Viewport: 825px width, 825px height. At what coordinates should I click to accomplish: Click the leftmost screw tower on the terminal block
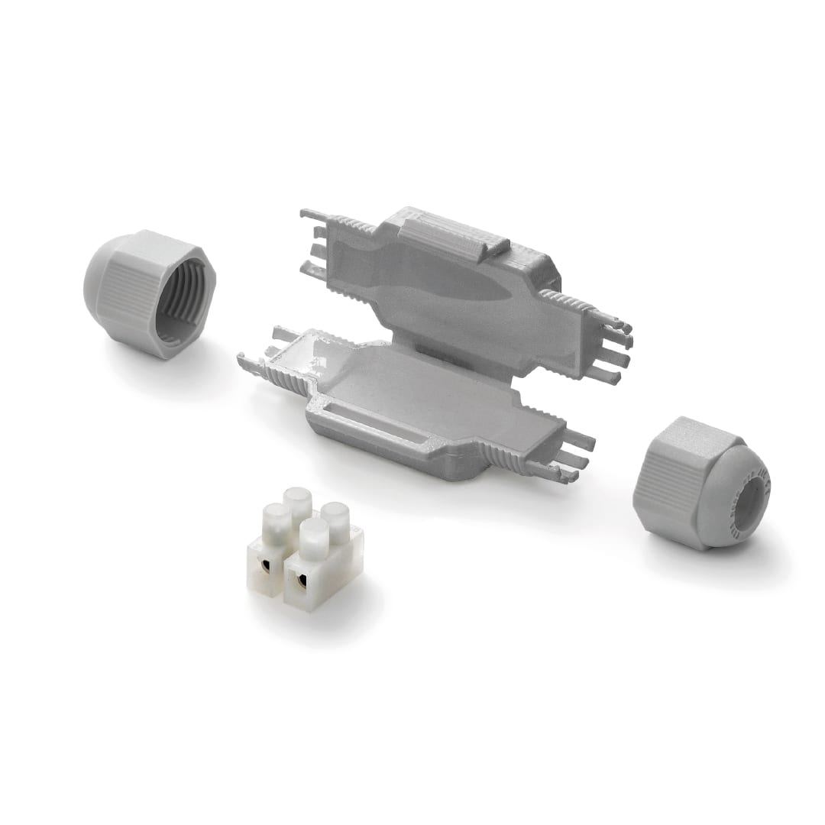coord(277,527)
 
